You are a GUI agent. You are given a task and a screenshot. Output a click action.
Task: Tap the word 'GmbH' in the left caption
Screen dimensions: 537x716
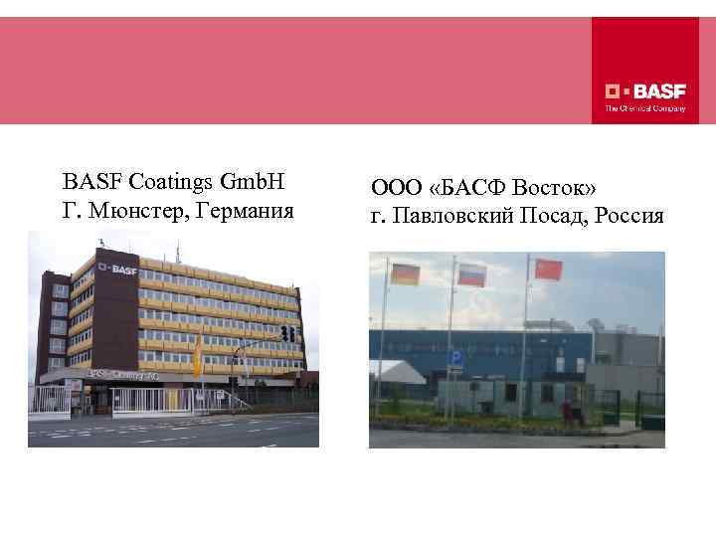[x=253, y=182]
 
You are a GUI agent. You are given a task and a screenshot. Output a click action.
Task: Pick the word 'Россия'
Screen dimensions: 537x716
[x=629, y=216]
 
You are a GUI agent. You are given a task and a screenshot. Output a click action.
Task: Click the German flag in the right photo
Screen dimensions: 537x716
[x=405, y=273]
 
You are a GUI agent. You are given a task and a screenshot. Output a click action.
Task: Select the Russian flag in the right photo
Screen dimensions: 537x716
[x=470, y=271]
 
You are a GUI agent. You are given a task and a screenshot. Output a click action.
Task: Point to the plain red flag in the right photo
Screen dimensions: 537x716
[x=548, y=269]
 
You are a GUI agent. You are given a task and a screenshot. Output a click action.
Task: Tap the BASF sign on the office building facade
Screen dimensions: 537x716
[x=120, y=268]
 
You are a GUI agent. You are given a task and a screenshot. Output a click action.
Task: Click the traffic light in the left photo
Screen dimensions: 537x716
[x=286, y=333]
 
